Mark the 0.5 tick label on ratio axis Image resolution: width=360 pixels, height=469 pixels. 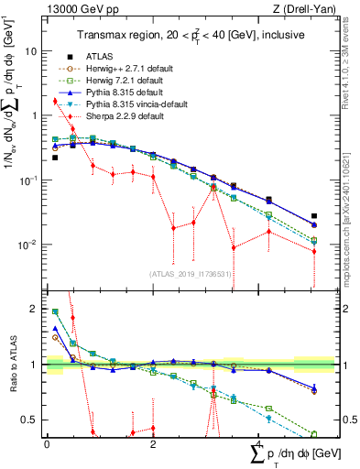(x=32, y=420)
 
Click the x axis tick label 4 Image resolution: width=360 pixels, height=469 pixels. (x=259, y=443)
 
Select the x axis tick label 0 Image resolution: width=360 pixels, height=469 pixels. (x=47, y=443)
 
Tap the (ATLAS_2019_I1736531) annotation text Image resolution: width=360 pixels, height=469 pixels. (x=188, y=275)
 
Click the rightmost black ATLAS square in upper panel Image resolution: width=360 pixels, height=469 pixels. (x=314, y=216)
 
